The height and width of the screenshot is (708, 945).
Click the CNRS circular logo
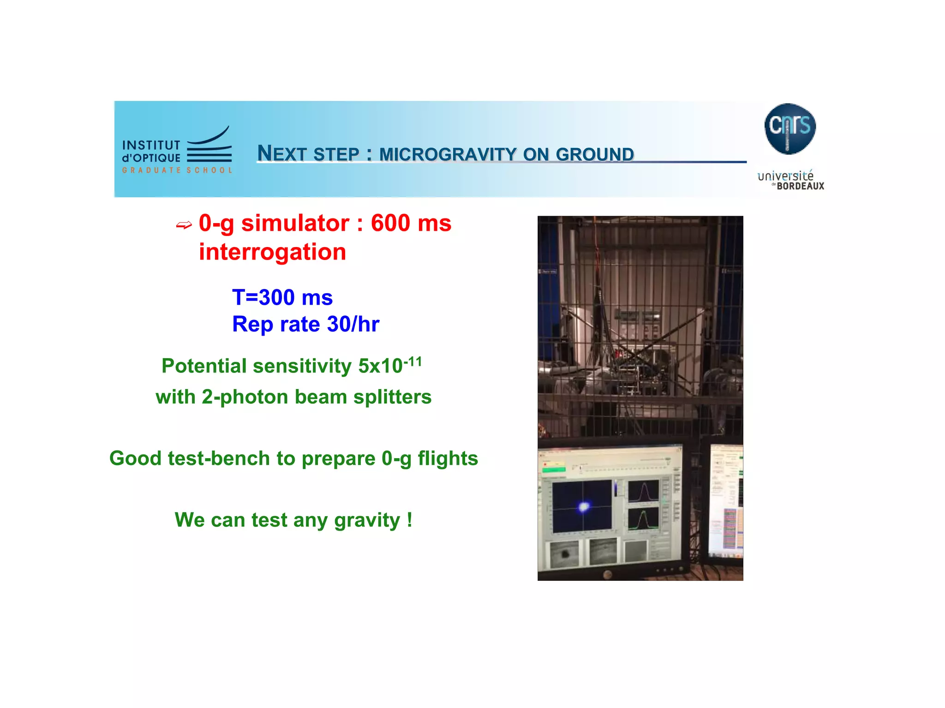[x=789, y=129]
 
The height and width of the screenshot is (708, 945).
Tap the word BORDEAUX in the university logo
[x=800, y=186]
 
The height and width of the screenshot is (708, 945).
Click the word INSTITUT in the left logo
[x=151, y=146]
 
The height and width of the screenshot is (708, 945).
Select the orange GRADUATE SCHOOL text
[x=177, y=170]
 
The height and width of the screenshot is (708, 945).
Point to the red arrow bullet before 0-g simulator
[x=184, y=225]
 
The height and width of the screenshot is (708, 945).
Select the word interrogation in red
[x=272, y=252]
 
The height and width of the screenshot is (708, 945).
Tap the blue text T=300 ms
[x=282, y=297]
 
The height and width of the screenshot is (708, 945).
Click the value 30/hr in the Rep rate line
[x=353, y=324]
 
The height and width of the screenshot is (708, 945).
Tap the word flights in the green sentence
[x=448, y=459]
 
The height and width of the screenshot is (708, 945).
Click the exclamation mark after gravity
[x=409, y=520]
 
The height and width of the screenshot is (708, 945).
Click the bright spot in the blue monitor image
[x=584, y=507]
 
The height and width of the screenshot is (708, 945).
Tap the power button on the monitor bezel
[x=608, y=574]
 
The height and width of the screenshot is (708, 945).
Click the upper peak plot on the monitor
[x=643, y=491]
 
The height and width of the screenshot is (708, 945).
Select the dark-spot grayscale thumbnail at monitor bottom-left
[x=564, y=554]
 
